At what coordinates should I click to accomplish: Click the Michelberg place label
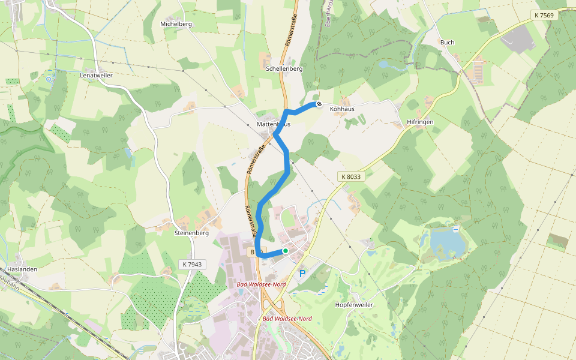(176, 24)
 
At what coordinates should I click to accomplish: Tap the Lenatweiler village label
(96, 76)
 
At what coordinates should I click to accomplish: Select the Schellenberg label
(284, 69)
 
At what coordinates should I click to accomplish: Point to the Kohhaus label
(342, 109)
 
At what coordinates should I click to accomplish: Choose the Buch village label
(447, 43)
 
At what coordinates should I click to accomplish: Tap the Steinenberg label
(191, 232)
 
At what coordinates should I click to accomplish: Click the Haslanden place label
(22, 269)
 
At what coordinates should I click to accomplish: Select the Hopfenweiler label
(353, 305)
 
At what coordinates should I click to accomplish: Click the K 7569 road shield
(544, 15)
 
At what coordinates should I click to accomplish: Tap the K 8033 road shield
(350, 176)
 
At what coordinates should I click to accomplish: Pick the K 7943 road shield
(193, 264)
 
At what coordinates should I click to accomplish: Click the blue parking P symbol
(302, 274)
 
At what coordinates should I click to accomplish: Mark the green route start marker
(286, 251)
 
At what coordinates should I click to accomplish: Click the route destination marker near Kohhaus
(319, 104)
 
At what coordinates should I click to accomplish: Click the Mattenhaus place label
(273, 124)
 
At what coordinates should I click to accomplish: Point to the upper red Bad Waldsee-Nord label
(261, 284)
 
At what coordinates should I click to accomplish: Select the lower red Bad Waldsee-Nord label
(287, 319)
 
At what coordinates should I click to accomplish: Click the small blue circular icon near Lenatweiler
(49, 79)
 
